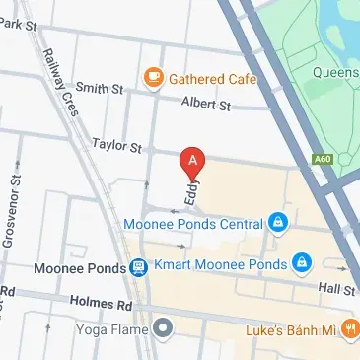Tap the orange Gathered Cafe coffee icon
tap(153, 77)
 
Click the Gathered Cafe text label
tap(213, 78)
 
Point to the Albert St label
tap(205, 104)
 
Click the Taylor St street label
tap(116, 146)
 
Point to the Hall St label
tap(336, 289)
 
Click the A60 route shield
tap(323, 158)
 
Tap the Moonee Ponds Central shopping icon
tap(279, 222)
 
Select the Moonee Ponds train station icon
tap(139, 267)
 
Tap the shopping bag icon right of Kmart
tap(302, 263)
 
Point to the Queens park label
tap(337, 71)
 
